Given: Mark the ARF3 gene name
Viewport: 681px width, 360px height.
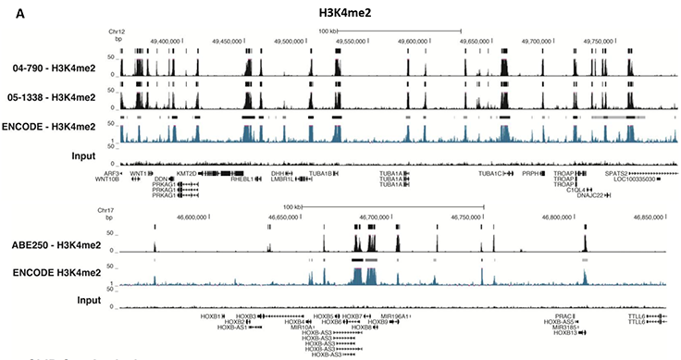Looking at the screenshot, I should click(x=109, y=173).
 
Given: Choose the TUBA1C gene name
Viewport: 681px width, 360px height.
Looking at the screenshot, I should click(x=489, y=173).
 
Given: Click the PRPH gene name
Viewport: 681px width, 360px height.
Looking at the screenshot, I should click(x=530, y=173).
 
